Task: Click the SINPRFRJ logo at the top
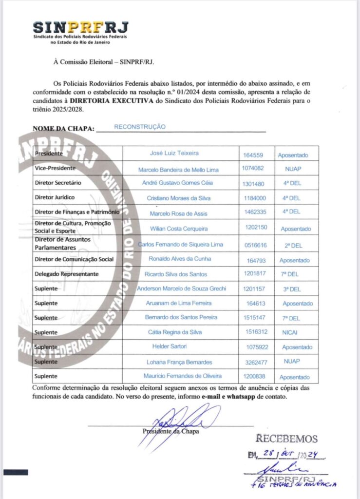[81, 29]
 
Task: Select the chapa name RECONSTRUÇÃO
[140, 127]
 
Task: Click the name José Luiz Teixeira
[174, 153]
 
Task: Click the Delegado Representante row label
[67, 274]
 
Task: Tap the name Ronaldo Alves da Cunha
[180, 259]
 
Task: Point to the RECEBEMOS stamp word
[286, 439]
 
